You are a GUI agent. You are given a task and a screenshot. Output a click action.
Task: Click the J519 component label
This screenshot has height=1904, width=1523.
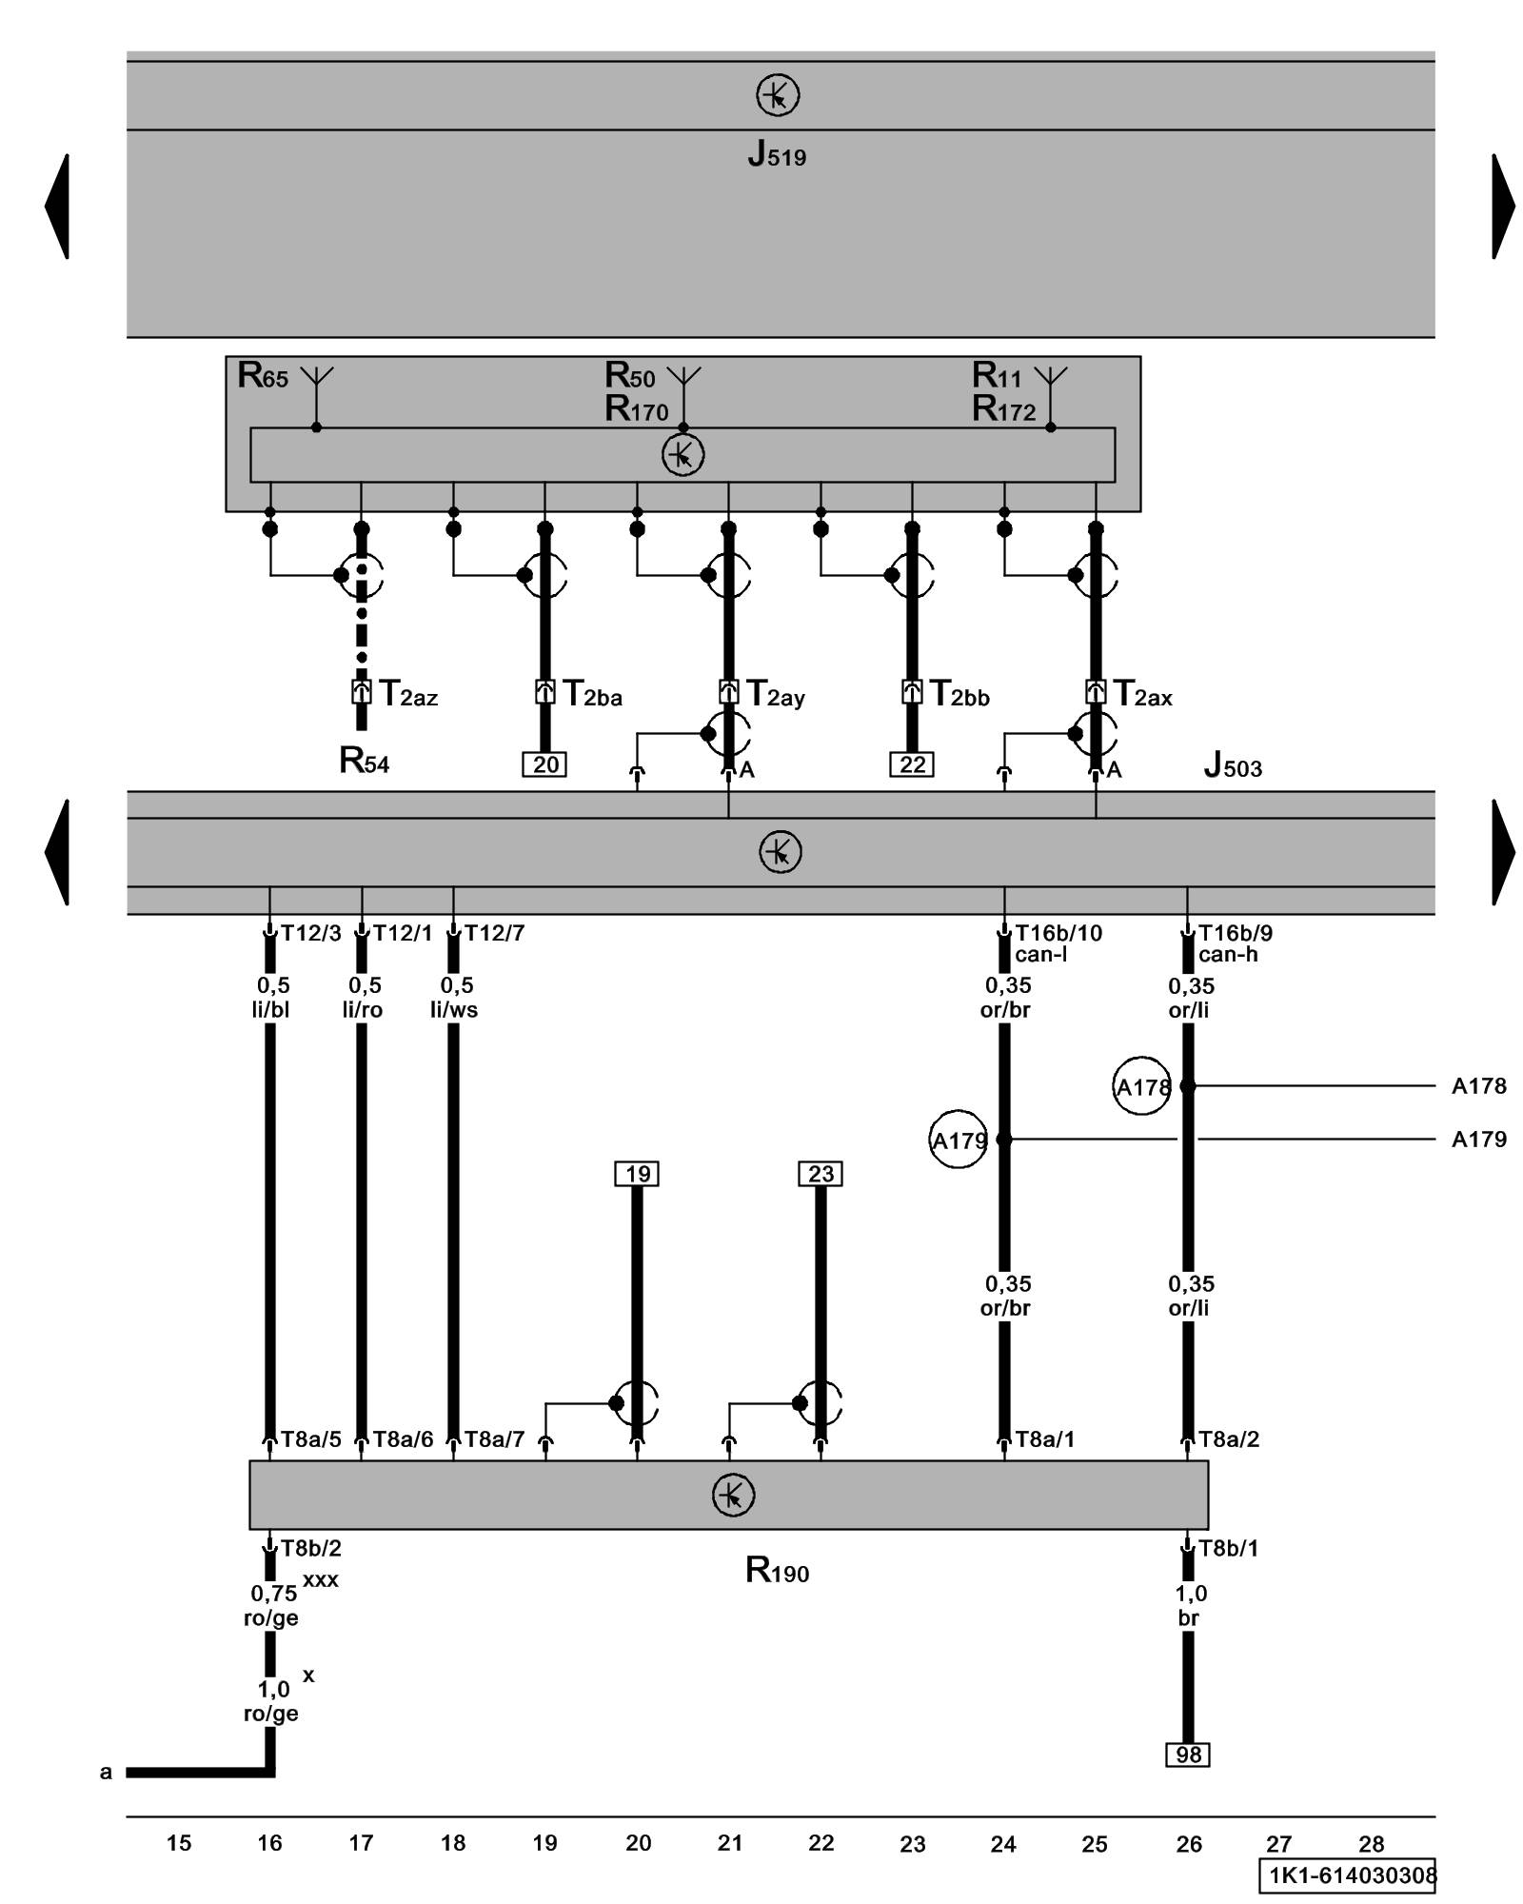pyautogui.click(x=777, y=154)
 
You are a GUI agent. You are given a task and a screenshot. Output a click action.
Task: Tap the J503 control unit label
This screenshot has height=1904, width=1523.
pyautogui.click(x=1233, y=764)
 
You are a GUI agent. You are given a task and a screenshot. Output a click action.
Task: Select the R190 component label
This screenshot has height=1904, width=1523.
pyautogui.click(x=777, y=1570)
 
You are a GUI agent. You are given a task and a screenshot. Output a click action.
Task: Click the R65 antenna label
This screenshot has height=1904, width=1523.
pyautogui.click(x=263, y=376)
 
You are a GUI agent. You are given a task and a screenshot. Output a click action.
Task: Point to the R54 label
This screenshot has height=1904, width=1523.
pyautogui.click(x=364, y=761)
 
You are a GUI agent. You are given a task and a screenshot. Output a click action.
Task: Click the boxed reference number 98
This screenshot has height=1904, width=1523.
pyautogui.click(x=1188, y=1755)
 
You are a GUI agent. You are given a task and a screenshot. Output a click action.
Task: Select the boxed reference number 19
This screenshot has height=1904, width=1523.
pyautogui.click(x=637, y=1174)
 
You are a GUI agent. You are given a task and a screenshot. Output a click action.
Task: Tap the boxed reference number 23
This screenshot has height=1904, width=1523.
pyautogui.click(x=821, y=1174)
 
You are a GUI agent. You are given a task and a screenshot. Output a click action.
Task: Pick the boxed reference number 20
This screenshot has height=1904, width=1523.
pyautogui.click(x=545, y=764)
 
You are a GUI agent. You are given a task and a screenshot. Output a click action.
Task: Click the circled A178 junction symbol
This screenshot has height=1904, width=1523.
pyautogui.click(x=1141, y=1086)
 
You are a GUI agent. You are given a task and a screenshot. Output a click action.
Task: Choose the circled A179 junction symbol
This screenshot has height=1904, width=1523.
pyautogui.click(x=958, y=1140)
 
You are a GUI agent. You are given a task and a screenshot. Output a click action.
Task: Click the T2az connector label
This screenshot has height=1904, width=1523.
pyautogui.click(x=408, y=694)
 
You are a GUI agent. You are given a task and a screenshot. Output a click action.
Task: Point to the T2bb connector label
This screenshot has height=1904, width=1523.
pyautogui.click(x=959, y=694)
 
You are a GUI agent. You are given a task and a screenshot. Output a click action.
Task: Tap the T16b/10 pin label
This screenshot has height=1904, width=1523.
pyautogui.click(x=1058, y=933)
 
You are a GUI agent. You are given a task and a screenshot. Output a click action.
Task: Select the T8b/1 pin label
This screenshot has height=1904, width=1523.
pyautogui.click(x=1228, y=1549)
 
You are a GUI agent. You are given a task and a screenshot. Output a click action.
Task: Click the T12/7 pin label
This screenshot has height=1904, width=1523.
pyautogui.click(x=494, y=933)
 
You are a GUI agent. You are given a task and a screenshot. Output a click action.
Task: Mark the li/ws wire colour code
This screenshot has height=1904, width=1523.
pyautogui.click(x=454, y=1010)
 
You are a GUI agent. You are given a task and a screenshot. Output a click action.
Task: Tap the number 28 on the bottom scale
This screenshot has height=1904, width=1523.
pyautogui.click(x=1371, y=1844)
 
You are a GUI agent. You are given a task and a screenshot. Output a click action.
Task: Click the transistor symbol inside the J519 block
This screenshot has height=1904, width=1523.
pyautogui.click(x=778, y=95)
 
